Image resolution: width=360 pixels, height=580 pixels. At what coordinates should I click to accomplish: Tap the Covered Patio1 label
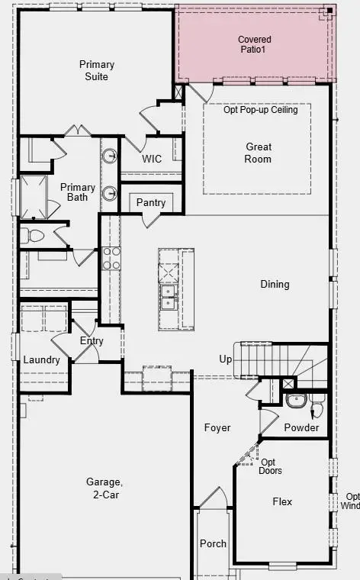(x=254, y=44)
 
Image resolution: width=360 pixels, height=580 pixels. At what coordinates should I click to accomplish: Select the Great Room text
(x=259, y=153)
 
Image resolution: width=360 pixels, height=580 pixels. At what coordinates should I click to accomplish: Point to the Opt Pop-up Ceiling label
(x=260, y=110)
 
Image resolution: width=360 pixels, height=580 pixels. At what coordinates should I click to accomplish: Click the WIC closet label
(x=152, y=159)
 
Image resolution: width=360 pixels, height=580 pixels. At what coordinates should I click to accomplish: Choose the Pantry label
(x=151, y=202)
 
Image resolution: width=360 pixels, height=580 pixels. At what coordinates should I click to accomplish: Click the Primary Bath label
(x=78, y=192)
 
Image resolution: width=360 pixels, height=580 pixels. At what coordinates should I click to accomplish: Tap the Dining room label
(x=275, y=284)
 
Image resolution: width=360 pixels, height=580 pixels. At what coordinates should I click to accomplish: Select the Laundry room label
(x=41, y=359)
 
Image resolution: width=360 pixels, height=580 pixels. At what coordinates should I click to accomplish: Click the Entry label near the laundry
(x=92, y=340)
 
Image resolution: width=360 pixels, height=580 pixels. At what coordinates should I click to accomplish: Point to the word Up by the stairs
(x=226, y=359)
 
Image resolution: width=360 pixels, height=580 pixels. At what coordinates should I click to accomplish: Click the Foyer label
(x=217, y=428)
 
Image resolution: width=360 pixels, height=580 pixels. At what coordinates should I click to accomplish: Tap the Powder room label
(x=301, y=427)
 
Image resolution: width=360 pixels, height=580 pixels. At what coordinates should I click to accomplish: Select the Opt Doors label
(x=269, y=466)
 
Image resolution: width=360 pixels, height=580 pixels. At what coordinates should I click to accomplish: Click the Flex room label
(x=282, y=501)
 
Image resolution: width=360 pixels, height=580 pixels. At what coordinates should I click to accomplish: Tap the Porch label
(x=213, y=543)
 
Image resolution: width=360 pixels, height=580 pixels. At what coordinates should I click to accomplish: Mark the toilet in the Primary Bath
(x=27, y=235)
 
